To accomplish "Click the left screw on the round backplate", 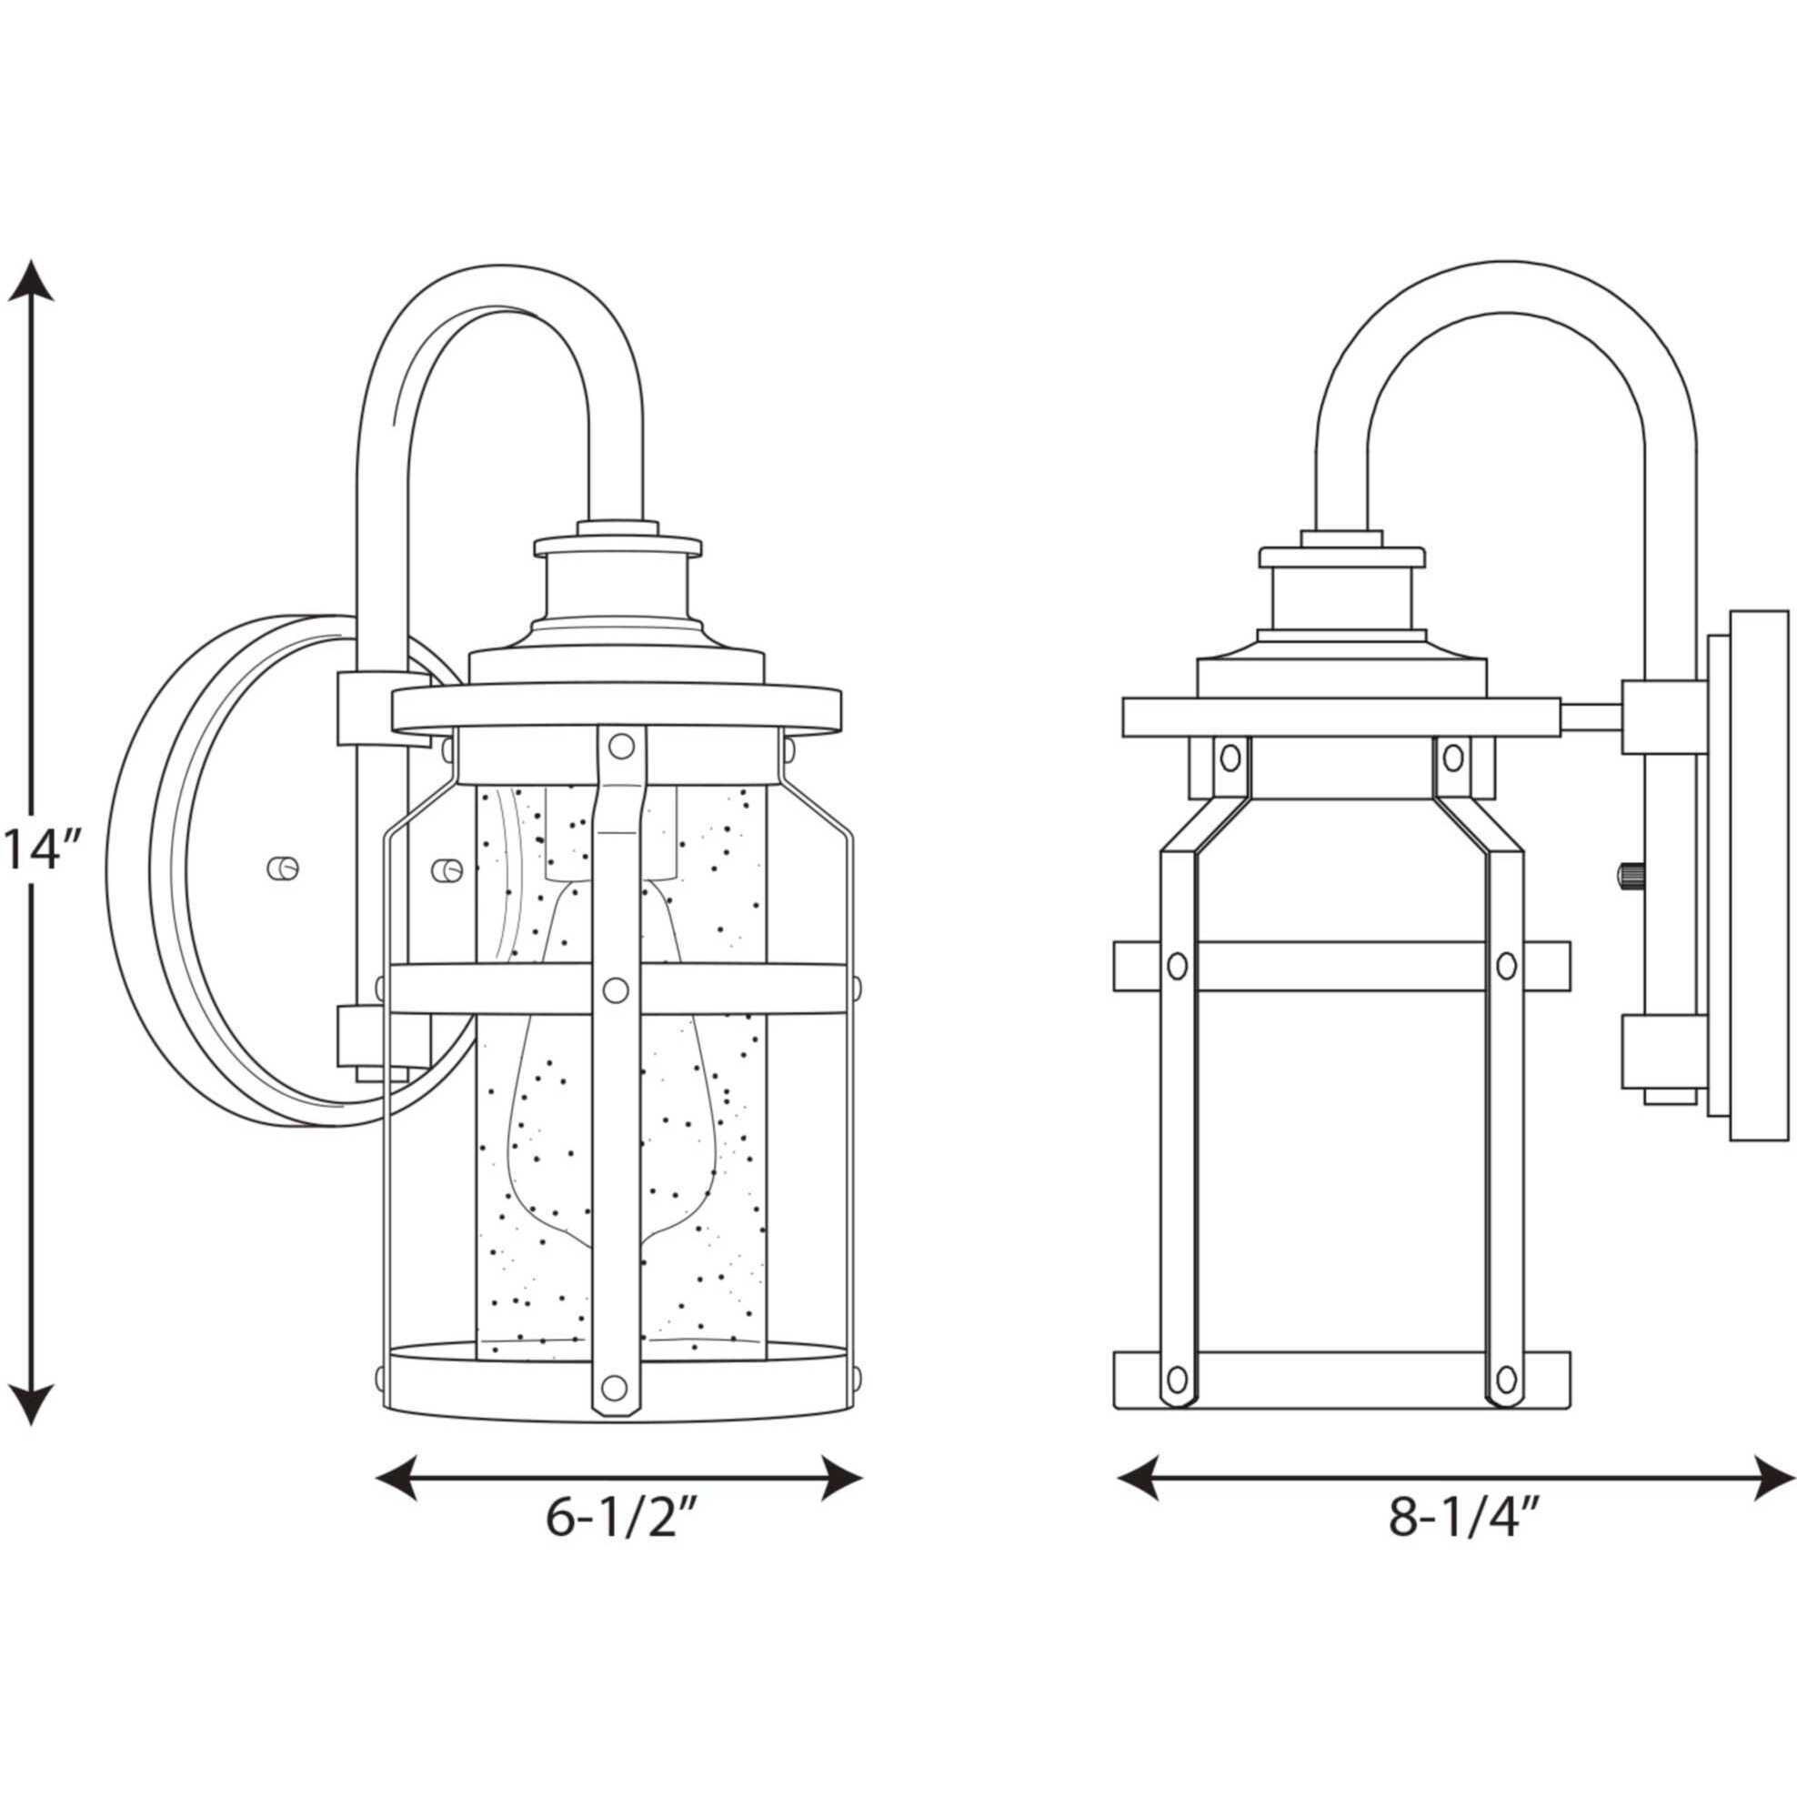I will (282, 867).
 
